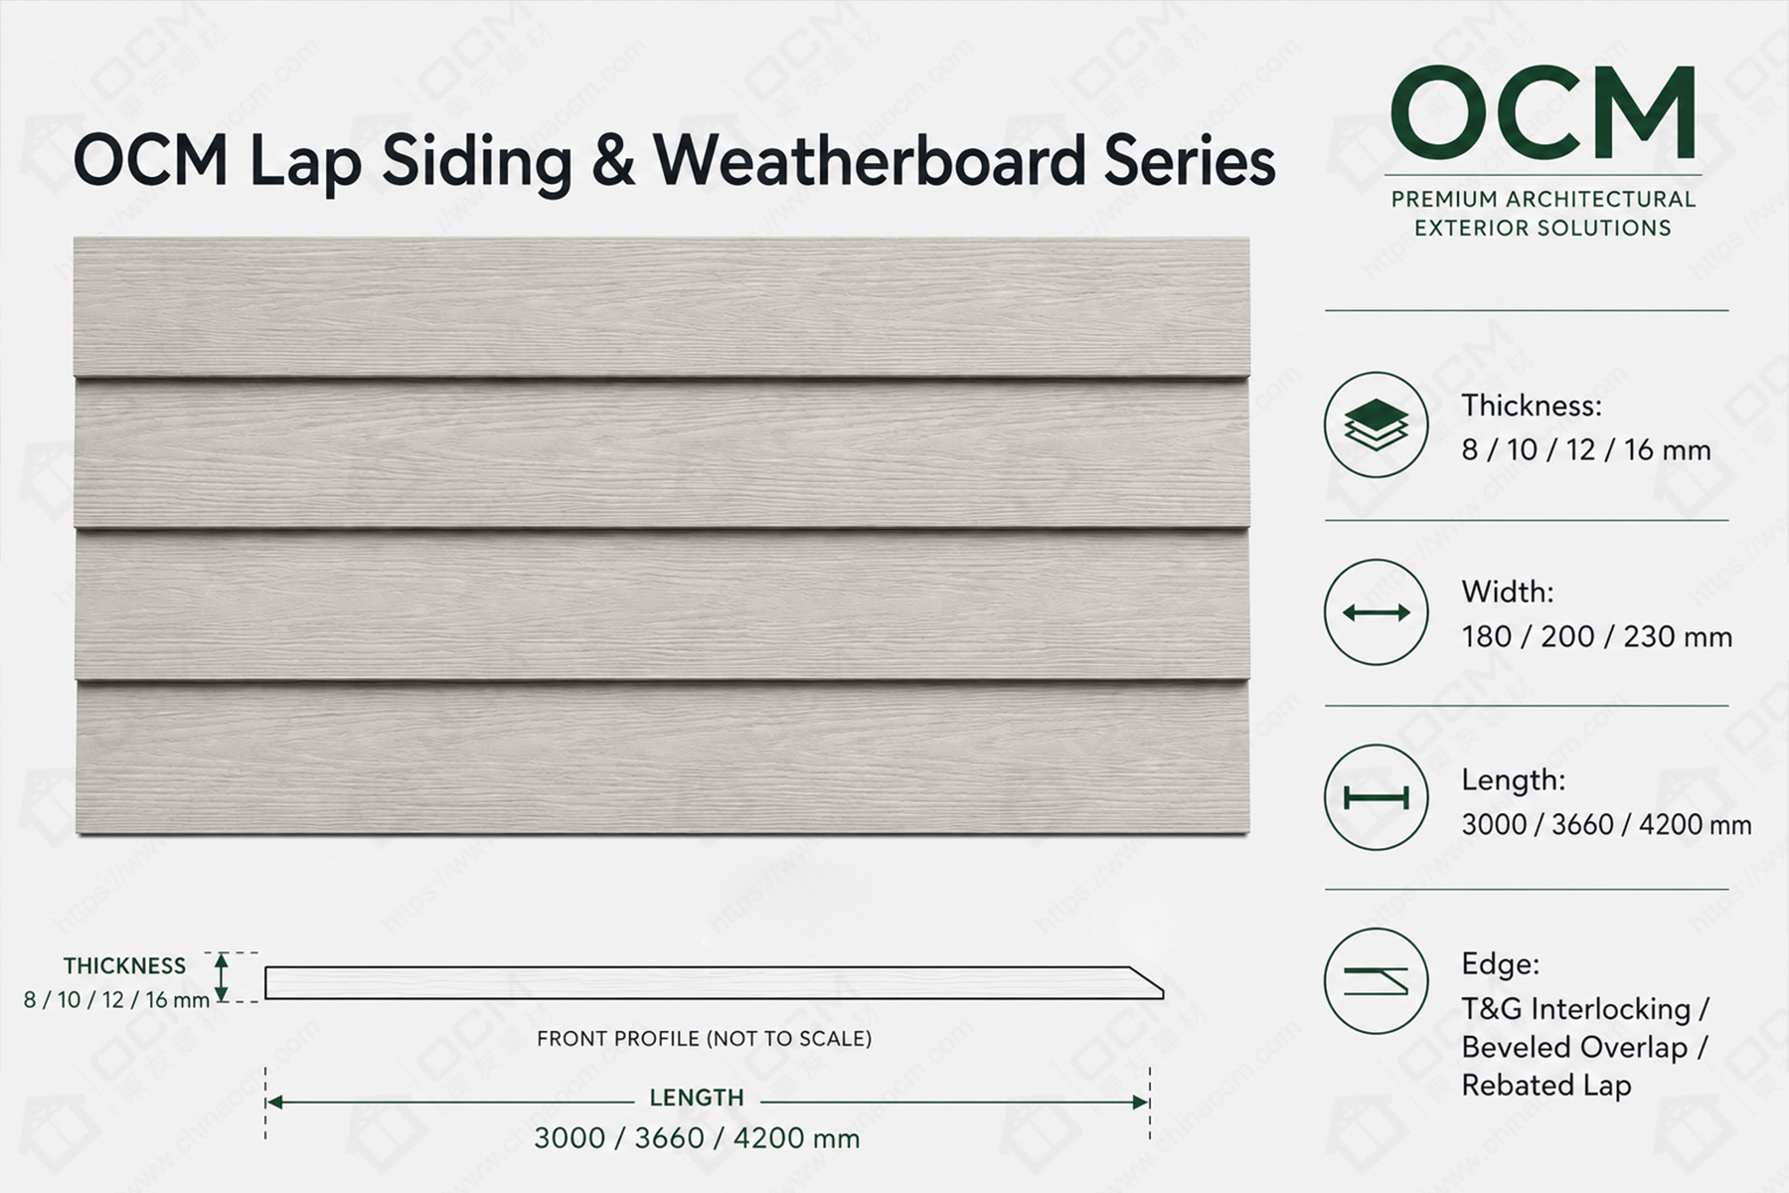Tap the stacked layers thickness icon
tap(1376, 425)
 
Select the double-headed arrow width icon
tap(1376, 611)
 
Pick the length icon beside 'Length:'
tap(1376, 797)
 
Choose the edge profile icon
tap(1376, 981)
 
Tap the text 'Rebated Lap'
tap(1546, 1085)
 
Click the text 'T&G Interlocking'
tap(1576, 1009)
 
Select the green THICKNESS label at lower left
tap(124, 965)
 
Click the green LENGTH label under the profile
tap(697, 1098)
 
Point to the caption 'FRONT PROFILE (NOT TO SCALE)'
tap(704, 1039)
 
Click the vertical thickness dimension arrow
tap(222, 976)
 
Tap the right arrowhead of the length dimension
tap(1141, 1102)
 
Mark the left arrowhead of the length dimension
tap(275, 1102)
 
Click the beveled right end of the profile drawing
tap(1146, 982)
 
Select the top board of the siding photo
tap(662, 306)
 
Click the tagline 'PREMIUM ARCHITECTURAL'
tap(1544, 199)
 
